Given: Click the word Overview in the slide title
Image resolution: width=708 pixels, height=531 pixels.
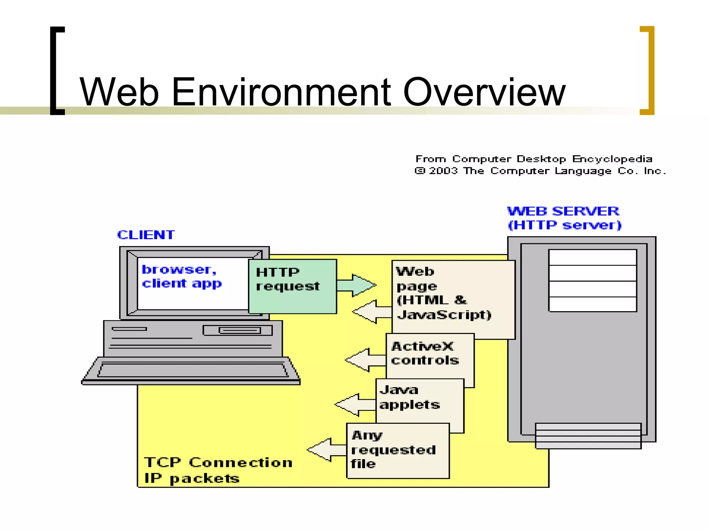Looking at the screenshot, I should (x=484, y=92).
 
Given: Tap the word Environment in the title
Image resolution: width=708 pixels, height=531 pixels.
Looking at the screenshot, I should (x=281, y=92).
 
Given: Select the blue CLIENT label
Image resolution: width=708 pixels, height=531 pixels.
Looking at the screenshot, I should (x=146, y=235).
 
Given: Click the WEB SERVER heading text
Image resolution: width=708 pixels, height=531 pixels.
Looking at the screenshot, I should (x=563, y=211).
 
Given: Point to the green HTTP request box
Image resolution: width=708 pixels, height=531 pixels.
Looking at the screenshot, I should (x=292, y=286).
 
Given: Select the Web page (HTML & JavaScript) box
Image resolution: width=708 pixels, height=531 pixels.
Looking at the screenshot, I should (x=453, y=299).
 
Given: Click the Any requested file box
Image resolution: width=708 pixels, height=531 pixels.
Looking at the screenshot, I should (x=398, y=450).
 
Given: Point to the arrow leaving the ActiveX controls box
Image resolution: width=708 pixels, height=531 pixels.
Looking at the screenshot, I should (x=365, y=360).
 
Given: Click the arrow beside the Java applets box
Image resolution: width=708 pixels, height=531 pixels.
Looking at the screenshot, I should (x=354, y=404).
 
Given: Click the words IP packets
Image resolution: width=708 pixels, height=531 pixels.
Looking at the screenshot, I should (x=192, y=478).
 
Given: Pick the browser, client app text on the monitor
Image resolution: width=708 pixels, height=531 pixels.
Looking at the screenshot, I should (x=181, y=277).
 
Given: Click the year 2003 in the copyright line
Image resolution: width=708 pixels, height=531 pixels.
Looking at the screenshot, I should (x=443, y=171).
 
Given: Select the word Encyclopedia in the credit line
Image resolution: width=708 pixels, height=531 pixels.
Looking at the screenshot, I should (x=612, y=159).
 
